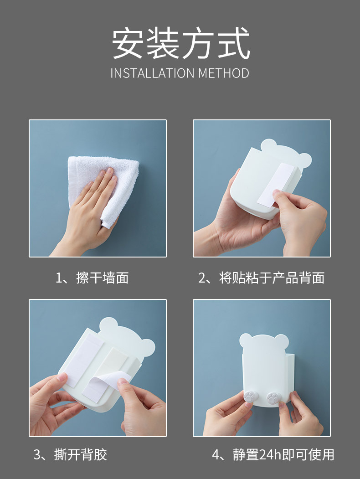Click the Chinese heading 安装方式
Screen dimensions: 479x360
180,43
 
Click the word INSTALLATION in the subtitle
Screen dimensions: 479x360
152,73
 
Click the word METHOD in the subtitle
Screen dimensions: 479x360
224,73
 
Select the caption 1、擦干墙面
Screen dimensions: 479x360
92,278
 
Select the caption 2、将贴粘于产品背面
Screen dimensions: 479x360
261,278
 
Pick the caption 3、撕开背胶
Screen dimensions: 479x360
70,454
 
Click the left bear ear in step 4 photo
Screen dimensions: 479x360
246,340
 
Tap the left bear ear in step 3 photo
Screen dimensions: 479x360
109,325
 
